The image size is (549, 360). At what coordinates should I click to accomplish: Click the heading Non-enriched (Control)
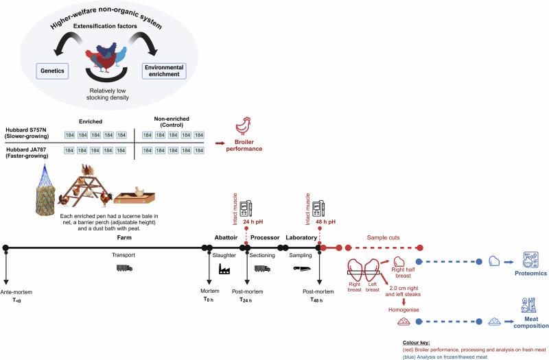tap(172, 119)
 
